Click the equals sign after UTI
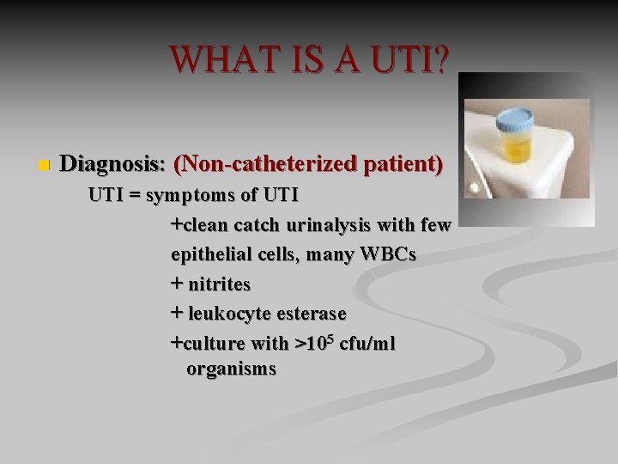136,195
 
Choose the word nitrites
220,284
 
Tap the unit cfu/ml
368,343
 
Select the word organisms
231,369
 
